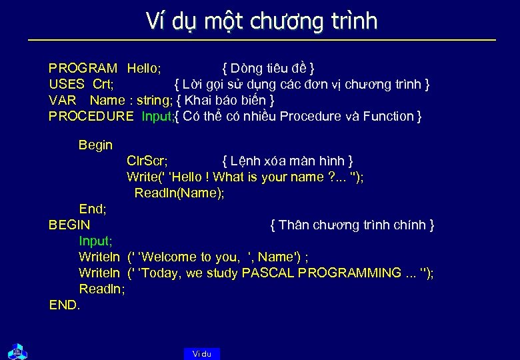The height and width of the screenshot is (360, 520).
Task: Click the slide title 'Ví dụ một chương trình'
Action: click(x=261, y=21)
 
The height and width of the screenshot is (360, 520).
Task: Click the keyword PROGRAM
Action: click(x=83, y=68)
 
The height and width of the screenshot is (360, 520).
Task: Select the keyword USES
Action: click(x=66, y=84)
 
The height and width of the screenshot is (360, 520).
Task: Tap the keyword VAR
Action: click(x=62, y=100)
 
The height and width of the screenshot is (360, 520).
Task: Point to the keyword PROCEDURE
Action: click(x=91, y=117)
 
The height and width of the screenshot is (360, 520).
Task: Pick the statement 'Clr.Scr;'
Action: click(x=147, y=161)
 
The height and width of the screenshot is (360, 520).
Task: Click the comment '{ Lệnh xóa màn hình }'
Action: click(x=287, y=161)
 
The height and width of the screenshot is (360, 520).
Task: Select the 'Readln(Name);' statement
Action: click(x=179, y=193)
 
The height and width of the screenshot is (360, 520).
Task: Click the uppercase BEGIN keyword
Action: click(x=69, y=225)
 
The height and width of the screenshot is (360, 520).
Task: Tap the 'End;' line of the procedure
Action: click(x=93, y=209)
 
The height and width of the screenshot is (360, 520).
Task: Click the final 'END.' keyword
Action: click(x=65, y=305)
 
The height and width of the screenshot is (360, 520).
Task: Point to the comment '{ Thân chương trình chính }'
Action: click(x=352, y=225)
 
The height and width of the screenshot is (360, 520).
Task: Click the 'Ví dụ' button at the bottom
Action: click(x=201, y=354)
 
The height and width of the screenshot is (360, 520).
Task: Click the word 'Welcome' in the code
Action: click(x=169, y=257)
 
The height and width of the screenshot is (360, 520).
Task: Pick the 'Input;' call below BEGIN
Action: click(x=95, y=241)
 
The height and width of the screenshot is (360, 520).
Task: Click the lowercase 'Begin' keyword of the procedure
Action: click(x=95, y=145)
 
